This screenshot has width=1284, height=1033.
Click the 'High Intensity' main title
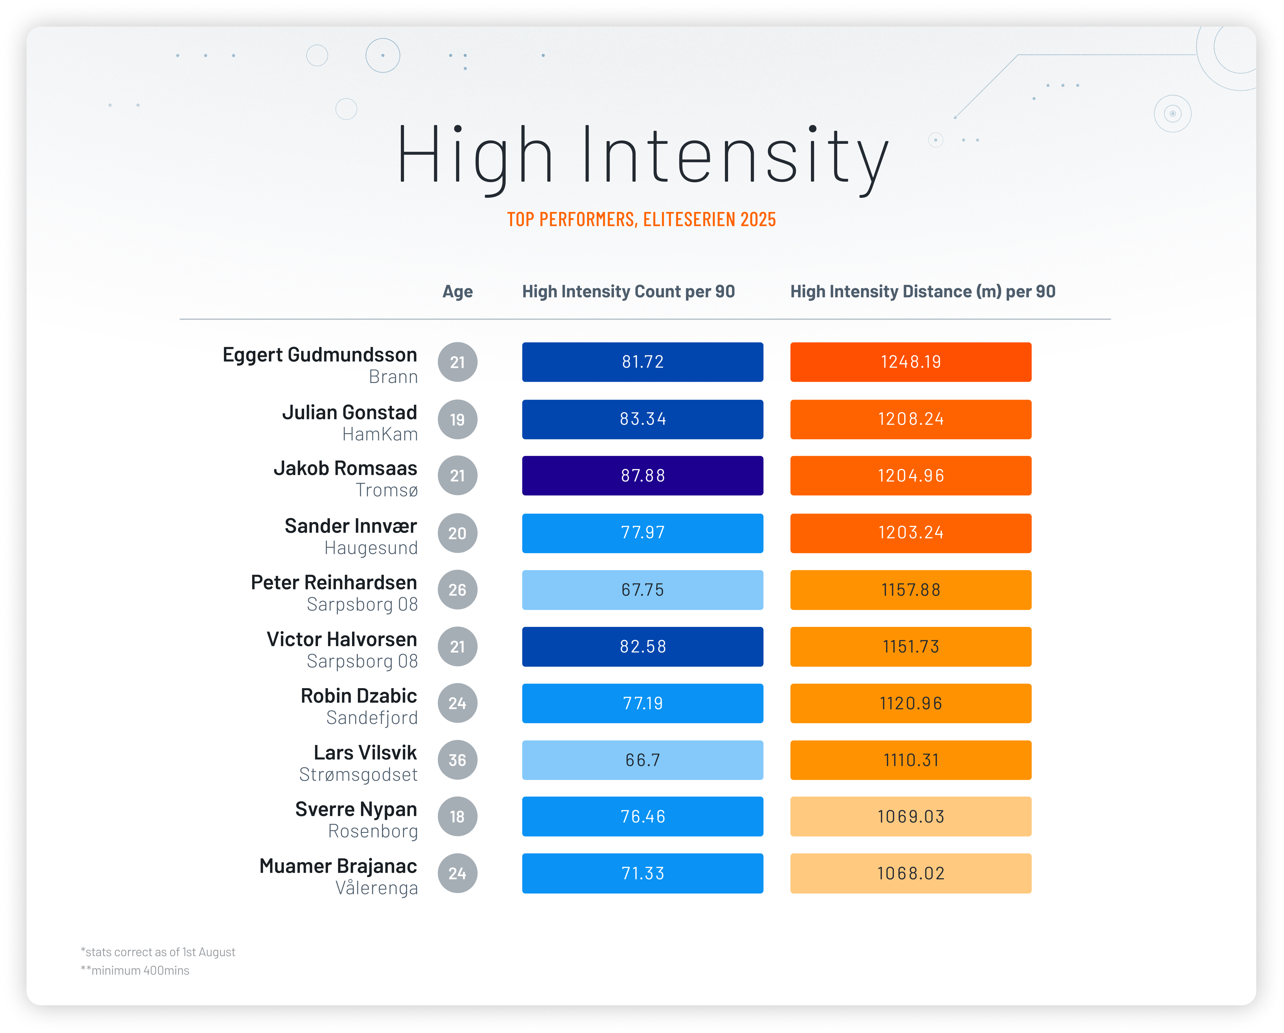642,156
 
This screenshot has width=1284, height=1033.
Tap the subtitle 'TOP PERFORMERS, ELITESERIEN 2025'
641,220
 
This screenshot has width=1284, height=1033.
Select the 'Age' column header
457,292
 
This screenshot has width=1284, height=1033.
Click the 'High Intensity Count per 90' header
628,292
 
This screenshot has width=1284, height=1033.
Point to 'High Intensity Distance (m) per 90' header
922,292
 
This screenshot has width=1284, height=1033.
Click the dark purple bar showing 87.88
643,476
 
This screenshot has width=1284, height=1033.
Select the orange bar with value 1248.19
911,362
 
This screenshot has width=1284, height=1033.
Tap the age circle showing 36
457,760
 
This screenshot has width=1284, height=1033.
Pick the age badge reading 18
457,817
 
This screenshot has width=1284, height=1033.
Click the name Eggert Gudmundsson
320,355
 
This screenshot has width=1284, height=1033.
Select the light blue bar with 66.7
643,760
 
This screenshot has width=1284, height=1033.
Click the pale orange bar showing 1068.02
911,873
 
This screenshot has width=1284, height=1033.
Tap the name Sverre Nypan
356,810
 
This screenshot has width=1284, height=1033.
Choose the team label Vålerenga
376,888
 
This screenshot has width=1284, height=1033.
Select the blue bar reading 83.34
643,419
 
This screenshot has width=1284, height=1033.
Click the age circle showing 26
457,590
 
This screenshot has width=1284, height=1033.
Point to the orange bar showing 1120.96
911,704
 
